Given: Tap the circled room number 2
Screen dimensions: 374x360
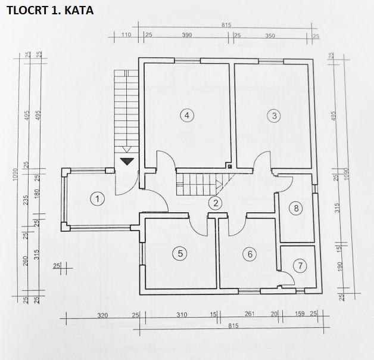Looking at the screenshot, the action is click(216, 203).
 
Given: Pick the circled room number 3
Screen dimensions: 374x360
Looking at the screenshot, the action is click(187, 115).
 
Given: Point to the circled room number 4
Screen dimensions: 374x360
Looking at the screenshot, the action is click(179, 253).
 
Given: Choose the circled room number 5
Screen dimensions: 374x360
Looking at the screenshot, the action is click(250, 254).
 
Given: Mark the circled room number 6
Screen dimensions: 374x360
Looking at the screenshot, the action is click(300, 265).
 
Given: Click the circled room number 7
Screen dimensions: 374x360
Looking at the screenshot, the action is click(296, 208).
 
